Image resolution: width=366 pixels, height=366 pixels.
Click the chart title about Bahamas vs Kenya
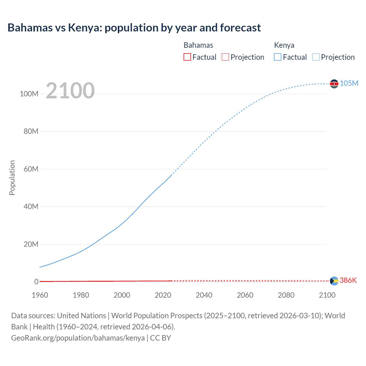(134, 28)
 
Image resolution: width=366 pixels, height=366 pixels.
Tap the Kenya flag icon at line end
(334, 84)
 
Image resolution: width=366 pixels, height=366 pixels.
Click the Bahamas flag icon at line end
(334, 281)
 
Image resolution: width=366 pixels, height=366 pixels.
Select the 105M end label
(349, 83)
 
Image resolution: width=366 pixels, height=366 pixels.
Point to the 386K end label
(348, 280)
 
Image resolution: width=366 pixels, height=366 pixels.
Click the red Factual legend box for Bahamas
(187, 57)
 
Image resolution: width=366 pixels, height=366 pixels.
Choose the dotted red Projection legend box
(225, 57)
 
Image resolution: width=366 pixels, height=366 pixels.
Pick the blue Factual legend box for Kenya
(277, 57)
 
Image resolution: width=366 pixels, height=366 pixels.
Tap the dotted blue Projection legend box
(316, 57)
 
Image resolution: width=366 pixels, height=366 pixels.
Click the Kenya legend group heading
(284, 45)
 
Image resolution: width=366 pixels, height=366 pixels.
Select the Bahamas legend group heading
(198, 45)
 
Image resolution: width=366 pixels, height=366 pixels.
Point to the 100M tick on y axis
(29, 94)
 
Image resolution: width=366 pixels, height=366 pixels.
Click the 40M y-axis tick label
(31, 206)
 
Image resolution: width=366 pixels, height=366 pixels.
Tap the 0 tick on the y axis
(36, 282)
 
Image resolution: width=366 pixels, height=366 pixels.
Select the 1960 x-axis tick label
(40, 295)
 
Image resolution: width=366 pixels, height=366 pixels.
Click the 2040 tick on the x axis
(204, 295)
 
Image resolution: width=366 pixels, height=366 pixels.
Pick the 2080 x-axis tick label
(286, 295)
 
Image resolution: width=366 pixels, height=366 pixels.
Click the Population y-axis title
(12, 178)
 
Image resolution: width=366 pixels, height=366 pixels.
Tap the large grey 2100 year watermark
(70, 91)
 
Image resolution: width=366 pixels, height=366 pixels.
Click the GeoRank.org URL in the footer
(78, 338)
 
